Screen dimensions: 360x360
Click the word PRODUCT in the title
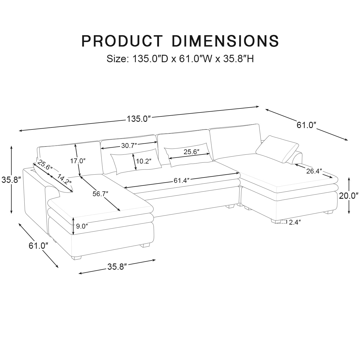coord(122,41)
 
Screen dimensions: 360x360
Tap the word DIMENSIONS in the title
coord(226,41)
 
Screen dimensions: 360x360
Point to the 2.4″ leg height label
coord(295,222)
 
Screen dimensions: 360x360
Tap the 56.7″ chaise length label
coord(101,194)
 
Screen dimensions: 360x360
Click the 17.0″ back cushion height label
coord(78,161)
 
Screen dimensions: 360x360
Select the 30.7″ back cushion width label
coord(129,146)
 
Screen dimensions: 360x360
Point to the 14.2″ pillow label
coord(64,179)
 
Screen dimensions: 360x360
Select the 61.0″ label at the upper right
coord(306,125)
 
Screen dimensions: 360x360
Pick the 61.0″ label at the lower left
coord(37,246)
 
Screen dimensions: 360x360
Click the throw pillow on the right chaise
coord(277,149)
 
